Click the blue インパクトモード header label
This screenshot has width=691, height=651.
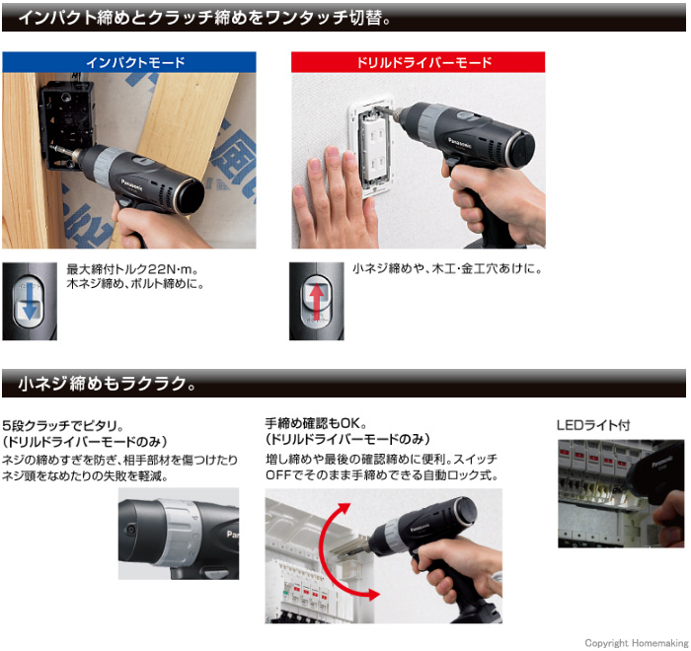coord(135,62)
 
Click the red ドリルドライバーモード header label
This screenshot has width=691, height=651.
coord(423,62)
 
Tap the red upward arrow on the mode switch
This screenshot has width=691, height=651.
coord(316,302)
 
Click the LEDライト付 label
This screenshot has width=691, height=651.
coord(593,425)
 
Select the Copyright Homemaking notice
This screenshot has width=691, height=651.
coord(636,643)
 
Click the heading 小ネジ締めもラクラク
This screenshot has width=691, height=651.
coord(107,384)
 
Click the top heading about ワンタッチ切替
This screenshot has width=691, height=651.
coord(204,18)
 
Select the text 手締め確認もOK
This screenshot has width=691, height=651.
coord(316,424)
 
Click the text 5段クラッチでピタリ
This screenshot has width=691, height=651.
coord(63,426)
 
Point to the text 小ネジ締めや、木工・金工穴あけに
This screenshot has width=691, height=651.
coord(447,268)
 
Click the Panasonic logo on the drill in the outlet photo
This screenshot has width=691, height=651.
coord(460,143)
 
